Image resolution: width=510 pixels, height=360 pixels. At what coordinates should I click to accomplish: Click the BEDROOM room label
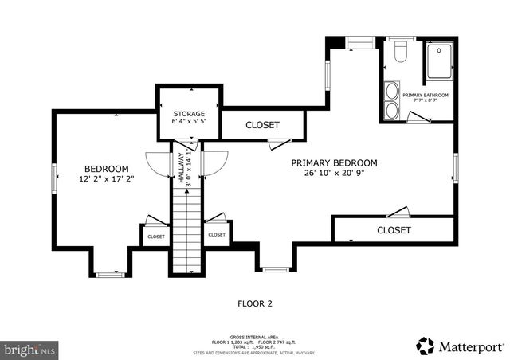click(107, 169)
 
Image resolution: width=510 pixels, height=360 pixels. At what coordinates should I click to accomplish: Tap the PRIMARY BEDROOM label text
click(339, 162)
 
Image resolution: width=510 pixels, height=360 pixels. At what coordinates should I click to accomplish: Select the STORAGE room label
click(190, 114)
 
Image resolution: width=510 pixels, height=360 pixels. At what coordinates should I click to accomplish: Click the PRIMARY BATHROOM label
click(426, 96)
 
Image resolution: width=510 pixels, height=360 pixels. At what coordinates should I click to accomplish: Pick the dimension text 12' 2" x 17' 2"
click(107, 179)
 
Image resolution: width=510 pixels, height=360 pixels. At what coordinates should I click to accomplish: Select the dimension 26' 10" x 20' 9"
click(339, 173)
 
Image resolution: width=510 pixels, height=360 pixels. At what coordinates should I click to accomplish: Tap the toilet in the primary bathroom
click(400, 53)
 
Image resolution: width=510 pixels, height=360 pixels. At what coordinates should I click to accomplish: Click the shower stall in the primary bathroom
click(441, 61)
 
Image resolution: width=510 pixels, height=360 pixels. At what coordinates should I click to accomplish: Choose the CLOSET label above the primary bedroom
click(262, 125)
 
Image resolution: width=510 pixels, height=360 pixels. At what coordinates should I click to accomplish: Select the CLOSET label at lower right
click(394, 230)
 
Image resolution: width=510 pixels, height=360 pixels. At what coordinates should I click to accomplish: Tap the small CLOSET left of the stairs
click(155, 237)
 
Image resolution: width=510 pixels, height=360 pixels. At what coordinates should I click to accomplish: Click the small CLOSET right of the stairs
click(217, 235)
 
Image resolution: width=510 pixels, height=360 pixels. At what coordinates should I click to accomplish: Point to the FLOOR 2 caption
click(255, 303)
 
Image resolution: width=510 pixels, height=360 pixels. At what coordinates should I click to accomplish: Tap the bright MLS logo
click(30, 349)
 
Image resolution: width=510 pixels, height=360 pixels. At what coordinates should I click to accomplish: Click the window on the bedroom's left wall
click(54, 176)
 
